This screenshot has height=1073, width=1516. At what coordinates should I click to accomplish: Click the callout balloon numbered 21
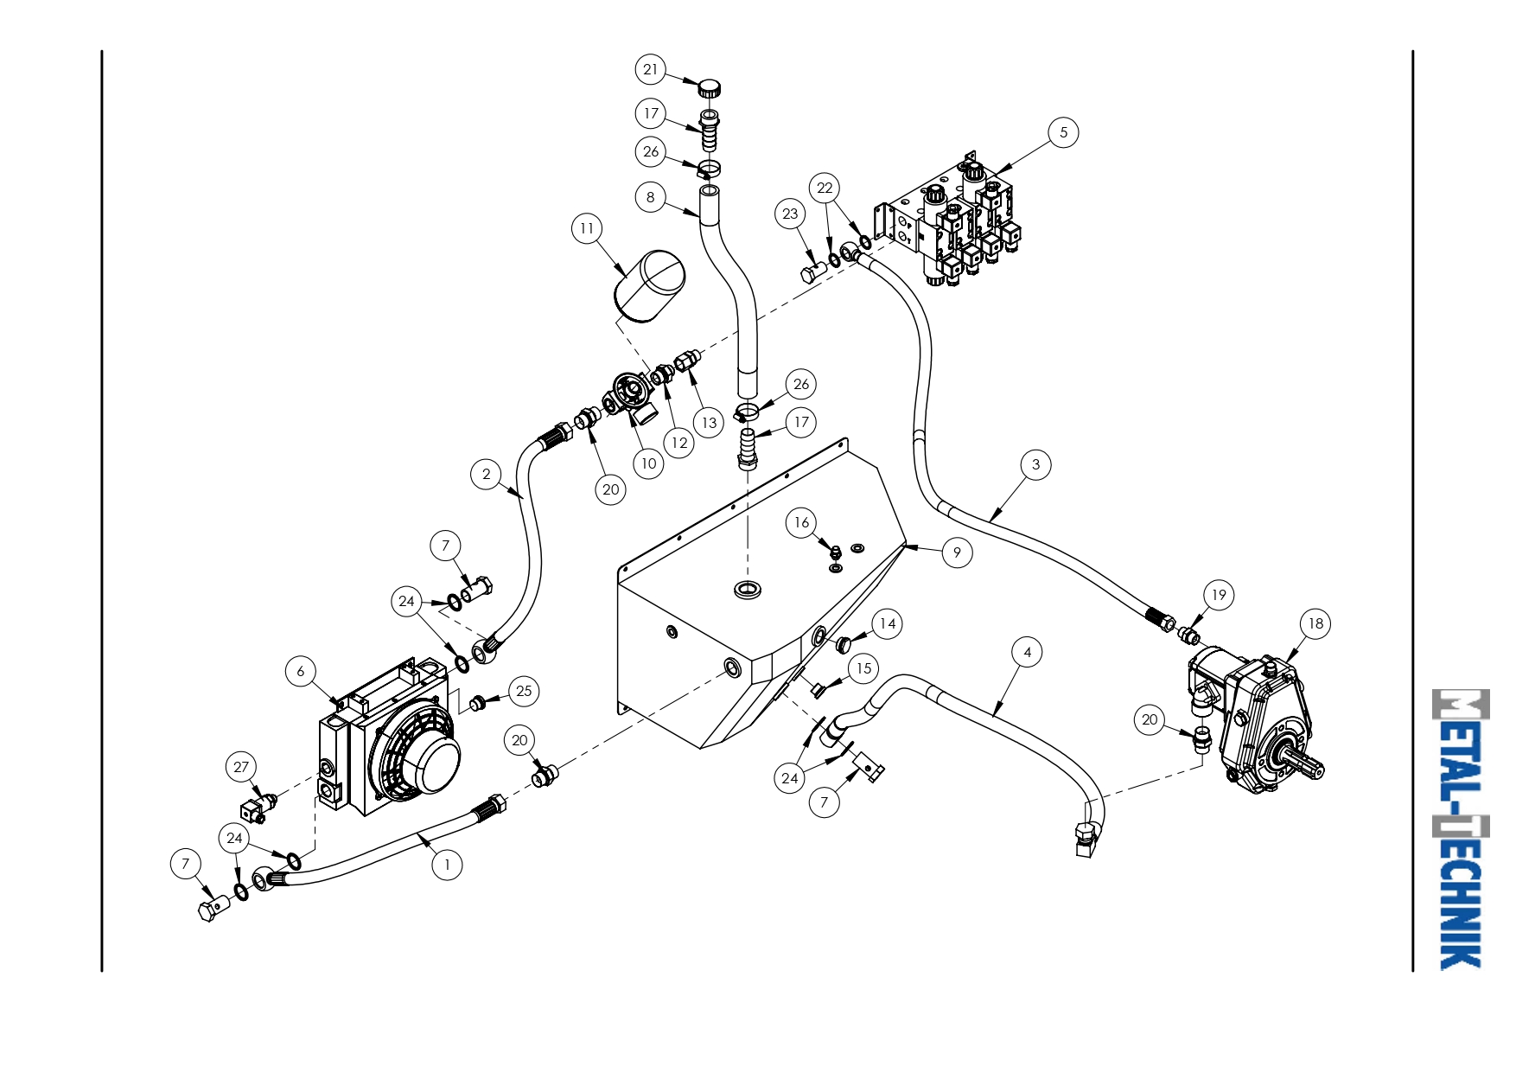click(x=651, y=69)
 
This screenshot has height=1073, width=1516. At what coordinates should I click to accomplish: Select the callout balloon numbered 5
click(x=1063, y=132)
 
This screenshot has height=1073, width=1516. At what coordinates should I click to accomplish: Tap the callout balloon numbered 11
click(x=588, y=228)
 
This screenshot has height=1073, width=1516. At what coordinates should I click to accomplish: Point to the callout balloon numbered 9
click(x=957, y=552)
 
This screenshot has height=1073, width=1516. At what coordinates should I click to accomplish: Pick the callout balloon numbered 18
click(x=1315, y=623)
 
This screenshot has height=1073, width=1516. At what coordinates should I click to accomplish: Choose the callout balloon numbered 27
click(x=241, y=767)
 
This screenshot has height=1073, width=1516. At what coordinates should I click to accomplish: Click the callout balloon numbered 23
click(x=791, y=214)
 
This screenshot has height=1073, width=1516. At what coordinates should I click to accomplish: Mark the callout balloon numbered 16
click(x=802, y=522)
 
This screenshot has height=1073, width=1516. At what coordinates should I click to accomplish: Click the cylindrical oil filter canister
click(x=648, y=287)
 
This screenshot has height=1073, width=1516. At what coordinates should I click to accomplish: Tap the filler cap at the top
click(x=710, y=87)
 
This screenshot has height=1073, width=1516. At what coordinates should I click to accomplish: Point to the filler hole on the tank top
click(x=747, y=591)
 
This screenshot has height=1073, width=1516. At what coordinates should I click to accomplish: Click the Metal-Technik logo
click(x=1461, y=828)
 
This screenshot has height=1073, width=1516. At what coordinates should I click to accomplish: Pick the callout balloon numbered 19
click(x=1219, y=595)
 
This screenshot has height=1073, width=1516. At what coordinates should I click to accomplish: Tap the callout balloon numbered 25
click(x=524, y=691)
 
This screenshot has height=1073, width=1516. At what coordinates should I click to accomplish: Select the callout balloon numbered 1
click(x=447, y=864)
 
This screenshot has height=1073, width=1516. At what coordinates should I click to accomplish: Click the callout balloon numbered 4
click(x=1027, y=652)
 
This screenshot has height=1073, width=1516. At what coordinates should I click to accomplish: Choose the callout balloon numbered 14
click(x=888, y=623)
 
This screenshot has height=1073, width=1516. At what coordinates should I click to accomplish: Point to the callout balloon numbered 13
click(x=709, y=423)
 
